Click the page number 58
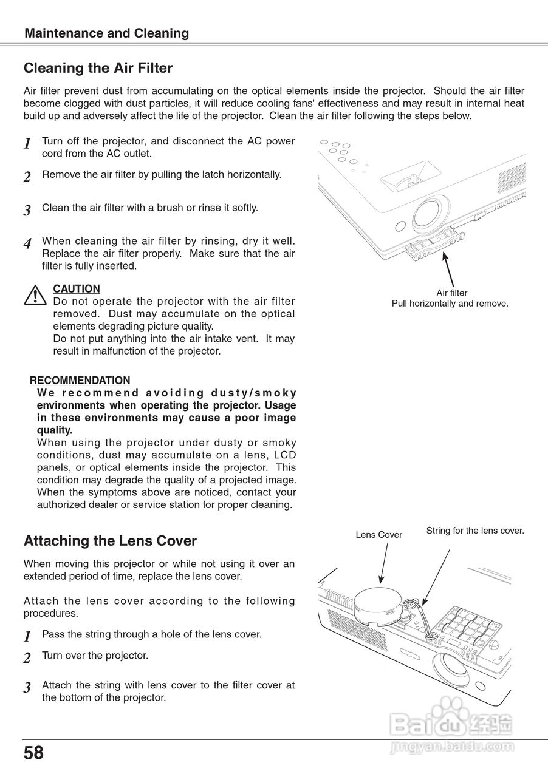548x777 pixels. click(x=34, y=753)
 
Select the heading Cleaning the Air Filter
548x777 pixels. click(x=98, y=68)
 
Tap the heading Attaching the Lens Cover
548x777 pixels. click(x=110, y=540)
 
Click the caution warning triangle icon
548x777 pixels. click(x=36, y=295)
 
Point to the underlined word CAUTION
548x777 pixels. click(x=77, y=289)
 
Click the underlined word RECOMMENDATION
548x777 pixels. click(x=80, y=381)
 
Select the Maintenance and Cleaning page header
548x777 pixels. click(x=106, y=33)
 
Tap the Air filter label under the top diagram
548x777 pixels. click(x=451, y=293)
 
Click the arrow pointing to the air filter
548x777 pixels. click(x=448, y=267)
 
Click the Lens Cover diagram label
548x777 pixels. click(x=378, y=535)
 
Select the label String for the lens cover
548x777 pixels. click(x=474, y=531)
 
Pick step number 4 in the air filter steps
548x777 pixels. click(x=27, y=244)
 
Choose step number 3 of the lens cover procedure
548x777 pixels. click(x=27, y=688)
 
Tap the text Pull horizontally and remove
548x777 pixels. click(x=450, y=304)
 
